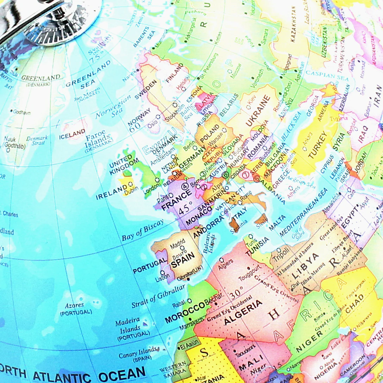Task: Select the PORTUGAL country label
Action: point(150,266)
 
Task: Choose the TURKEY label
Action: point(320,148)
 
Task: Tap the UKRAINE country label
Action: point(258,111)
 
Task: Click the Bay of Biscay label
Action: point(143,230)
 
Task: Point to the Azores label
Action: point(74,305)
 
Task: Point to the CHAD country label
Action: point(354,299)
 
